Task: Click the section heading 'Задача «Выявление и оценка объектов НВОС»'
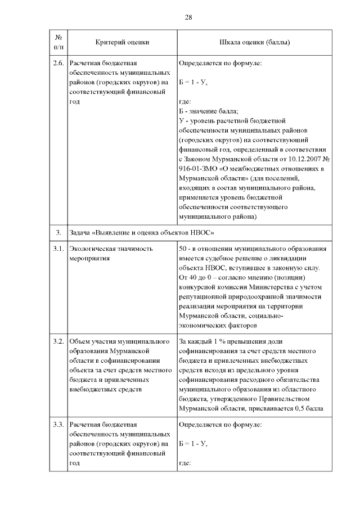pyautogui.click(x=142, y=232)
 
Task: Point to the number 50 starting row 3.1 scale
pyautogui.click(x=182, y=249)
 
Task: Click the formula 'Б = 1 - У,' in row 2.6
pyautogui.click(x=193, y=82)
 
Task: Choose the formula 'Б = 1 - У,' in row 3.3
pyautogui.click(x=193, y=443)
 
